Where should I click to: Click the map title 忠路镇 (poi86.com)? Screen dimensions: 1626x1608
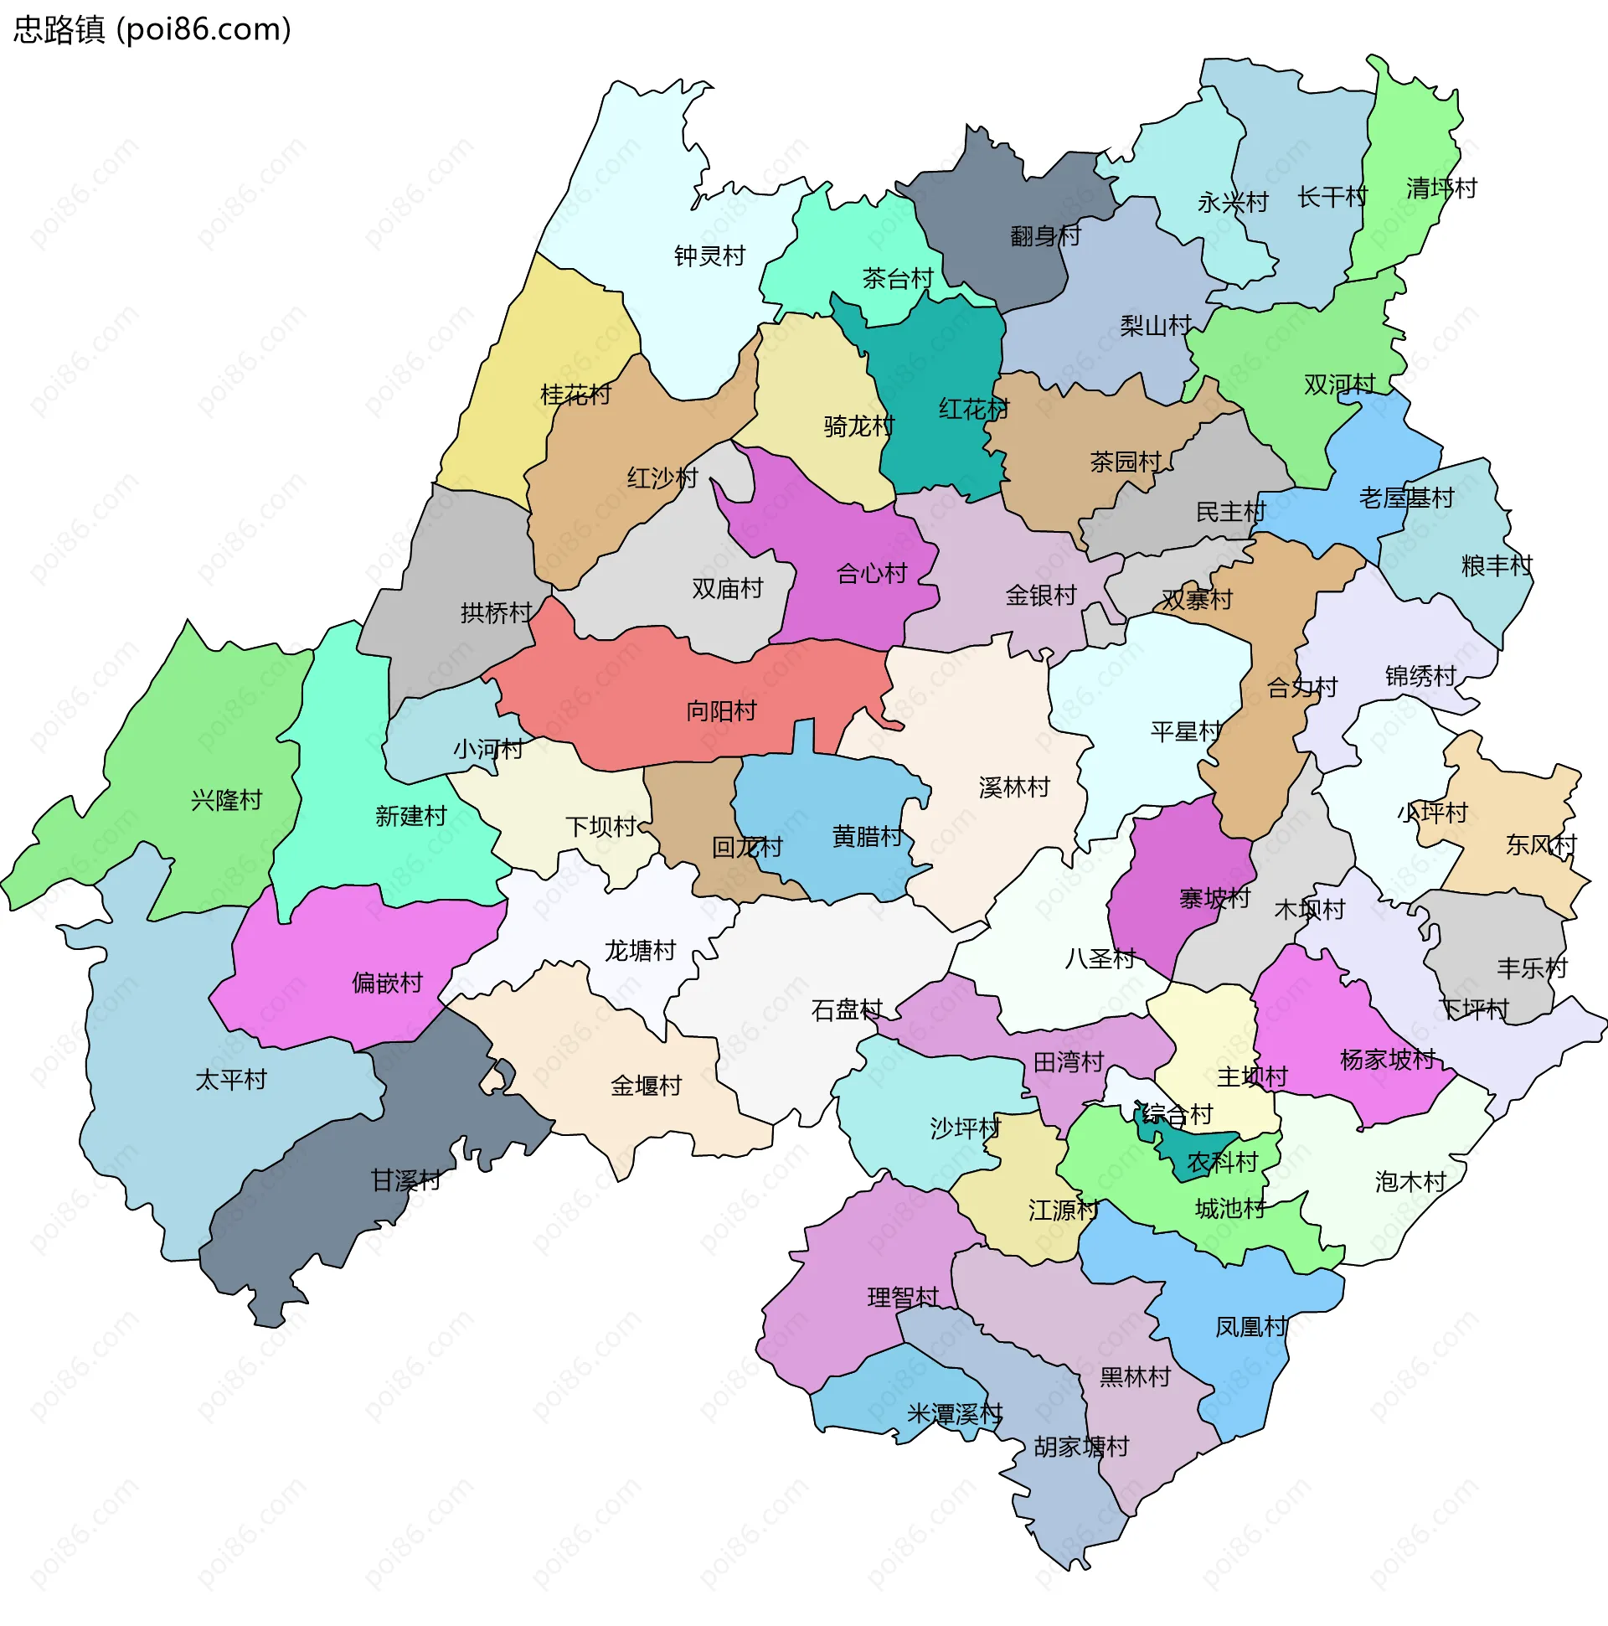pos(152,29)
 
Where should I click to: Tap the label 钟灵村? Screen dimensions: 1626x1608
pos(709,256)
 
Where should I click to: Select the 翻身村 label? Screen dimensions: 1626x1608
pos(1045,235)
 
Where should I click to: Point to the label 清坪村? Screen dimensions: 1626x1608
pos(1441,188)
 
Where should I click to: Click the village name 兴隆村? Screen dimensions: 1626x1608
pos(226,799)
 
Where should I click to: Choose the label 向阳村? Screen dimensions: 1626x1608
pos(721,711)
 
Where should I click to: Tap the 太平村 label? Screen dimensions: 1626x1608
pos(230,1080)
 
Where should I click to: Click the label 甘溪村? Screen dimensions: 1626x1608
pos(405,1180)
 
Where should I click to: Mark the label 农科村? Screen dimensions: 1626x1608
pos(1222,1162)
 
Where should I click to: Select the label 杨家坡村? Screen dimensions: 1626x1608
pos(1388,1059)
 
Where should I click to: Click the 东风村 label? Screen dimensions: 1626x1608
pos(1541,844)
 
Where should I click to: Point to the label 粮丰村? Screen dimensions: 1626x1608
pos(1497,565)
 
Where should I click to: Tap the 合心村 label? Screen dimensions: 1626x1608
pos(872,574)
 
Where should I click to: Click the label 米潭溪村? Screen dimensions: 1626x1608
pos(954,1413)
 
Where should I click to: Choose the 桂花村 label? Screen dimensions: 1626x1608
pos(575,394)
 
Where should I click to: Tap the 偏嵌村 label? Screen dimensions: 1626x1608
pos(387,982)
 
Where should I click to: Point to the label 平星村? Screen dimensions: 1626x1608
pos(1186,731)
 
